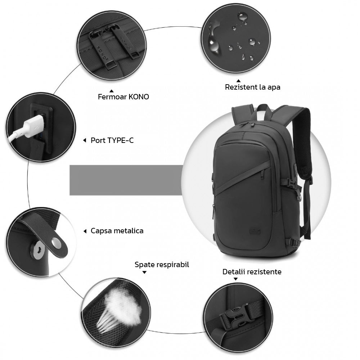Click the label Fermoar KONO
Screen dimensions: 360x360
pyautogui.click(x=123, y=96)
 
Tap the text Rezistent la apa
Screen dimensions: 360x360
pyautogui.click(x=253, y=87)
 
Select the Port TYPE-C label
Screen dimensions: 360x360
pyautogui.click(x=112, y=140)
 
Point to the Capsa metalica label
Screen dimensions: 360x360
pyautogui.click(x=117, y=231)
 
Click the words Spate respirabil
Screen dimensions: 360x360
pyautogui.click(x=162, y=265)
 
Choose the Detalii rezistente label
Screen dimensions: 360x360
pyautogui.click(x=252, y=271)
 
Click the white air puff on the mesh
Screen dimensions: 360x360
pyautogui.click(x=122, y=305)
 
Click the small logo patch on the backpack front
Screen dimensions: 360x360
pyautogui.click(x=255, y=231)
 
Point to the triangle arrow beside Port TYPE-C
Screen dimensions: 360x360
pyautogui.click(x=85, y=140)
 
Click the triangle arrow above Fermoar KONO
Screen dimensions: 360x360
pyautogui.click(x=112, y=91)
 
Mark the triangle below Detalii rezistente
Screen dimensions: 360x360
pyautogui.click(x=235, y=279)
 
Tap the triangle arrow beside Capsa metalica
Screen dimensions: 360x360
pyautogui.click(x=85, y=231)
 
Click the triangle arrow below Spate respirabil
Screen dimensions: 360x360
pyautogui.click(x=144, y=272)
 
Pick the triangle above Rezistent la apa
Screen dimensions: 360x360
pyautogui.click(x=239, y=81)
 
